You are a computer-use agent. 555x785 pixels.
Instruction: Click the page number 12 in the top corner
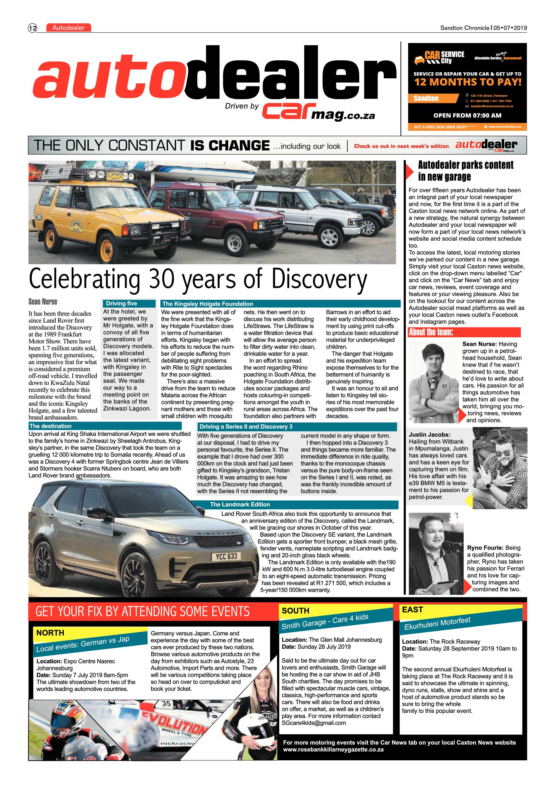click(33, 28)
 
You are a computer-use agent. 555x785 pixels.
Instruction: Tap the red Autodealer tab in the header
click(68, 28)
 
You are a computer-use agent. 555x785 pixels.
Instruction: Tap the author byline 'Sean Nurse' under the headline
click(43, 301)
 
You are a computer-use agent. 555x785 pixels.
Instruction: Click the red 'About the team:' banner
click(464, 332)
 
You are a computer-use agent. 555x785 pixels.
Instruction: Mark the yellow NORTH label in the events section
click(50, 633)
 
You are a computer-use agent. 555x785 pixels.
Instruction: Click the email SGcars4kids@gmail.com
click(313, 723)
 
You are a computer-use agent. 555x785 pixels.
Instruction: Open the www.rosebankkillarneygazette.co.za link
click(333, 749)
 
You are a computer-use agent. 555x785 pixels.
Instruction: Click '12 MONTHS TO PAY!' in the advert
click(467, 82)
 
